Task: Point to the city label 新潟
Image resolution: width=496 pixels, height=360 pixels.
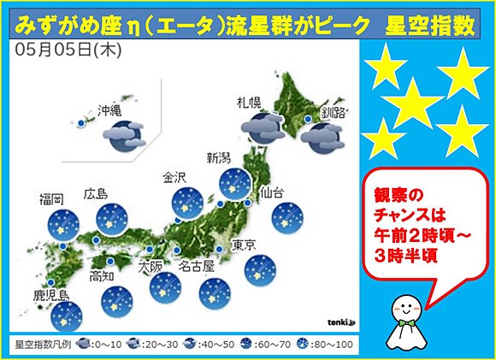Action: point(219,157)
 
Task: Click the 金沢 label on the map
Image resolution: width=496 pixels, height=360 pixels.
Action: point(176,178)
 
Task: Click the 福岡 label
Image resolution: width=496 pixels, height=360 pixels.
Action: point(51,199)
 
